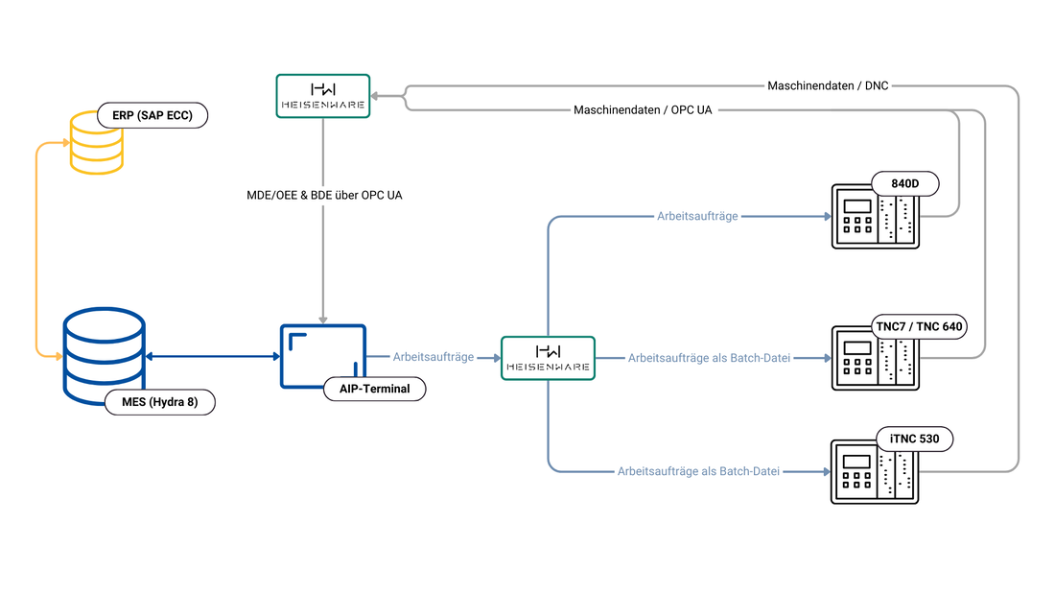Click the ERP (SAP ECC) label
[x=152, y=115]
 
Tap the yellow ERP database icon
[x=96, y=144]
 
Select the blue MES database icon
[x=105, y=355]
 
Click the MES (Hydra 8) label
[x=160, y=402]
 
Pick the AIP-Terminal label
[x=375, y=389]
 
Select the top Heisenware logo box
[x=323, y=96]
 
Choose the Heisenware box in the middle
[x=549, y=358]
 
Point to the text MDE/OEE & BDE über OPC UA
[x=324, y=196]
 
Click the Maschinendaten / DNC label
[x=828, y=85]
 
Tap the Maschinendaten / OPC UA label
[x=643, y=109]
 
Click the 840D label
[x=905, y=183]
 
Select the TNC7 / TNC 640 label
[x=919, y=326]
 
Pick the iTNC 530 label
[x=914, y=440]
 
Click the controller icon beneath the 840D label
[x=876, y=216]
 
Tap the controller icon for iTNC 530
[x=875, y=471]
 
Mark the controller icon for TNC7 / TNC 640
[x=876, y=358]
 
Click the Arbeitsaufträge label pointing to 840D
[x=697, y=216]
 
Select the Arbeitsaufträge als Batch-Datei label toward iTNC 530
[x=698, y=471]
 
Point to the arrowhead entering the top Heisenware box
[x=375, y=96]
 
